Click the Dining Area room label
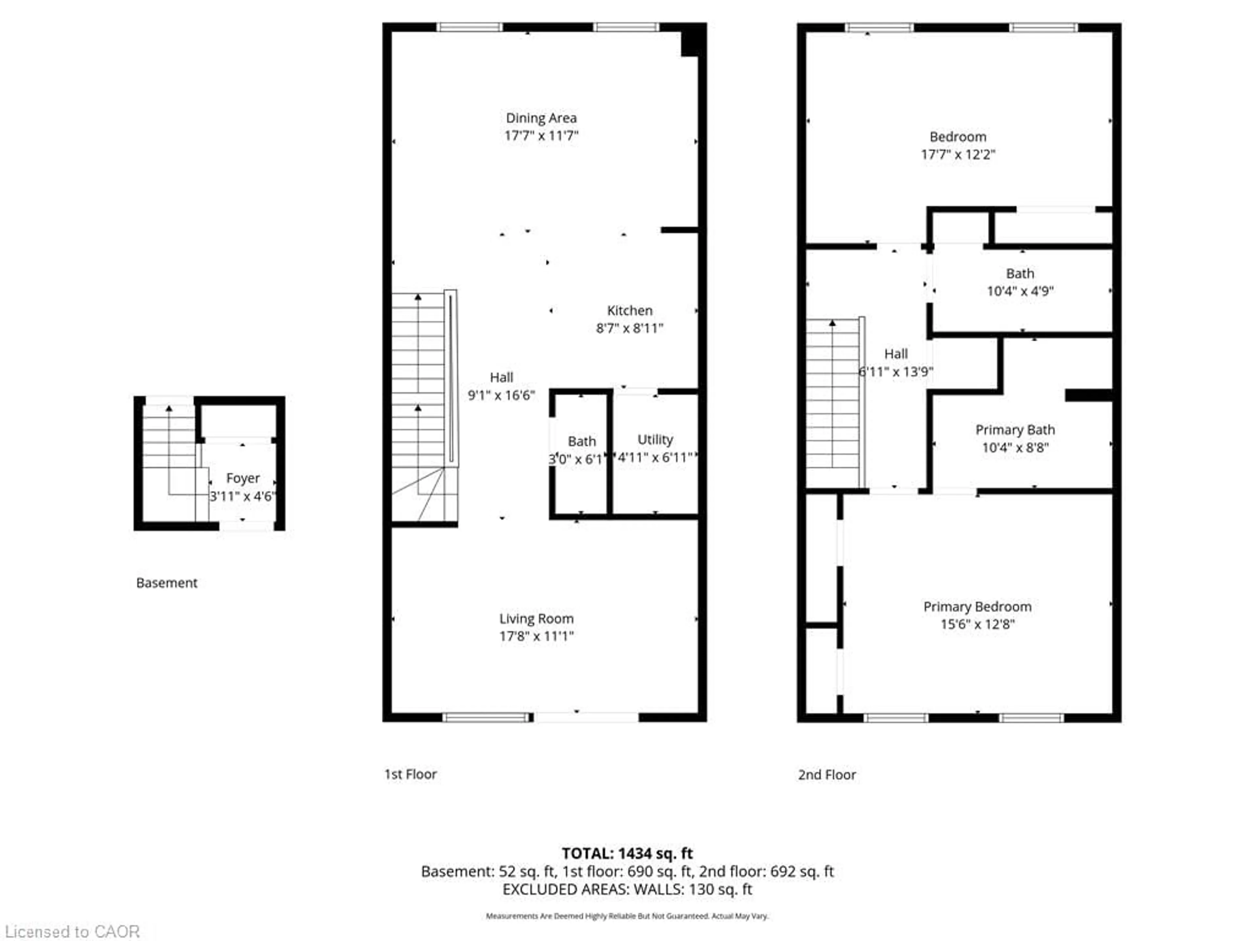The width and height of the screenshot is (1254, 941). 541,118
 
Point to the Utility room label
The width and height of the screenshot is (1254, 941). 655,439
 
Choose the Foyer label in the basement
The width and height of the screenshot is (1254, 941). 243,478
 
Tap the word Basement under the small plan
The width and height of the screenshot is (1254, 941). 167,583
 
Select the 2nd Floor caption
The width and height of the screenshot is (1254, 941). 827,774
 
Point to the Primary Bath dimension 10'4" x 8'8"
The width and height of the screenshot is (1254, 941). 1015,448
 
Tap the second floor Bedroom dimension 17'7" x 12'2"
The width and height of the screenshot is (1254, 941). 957,154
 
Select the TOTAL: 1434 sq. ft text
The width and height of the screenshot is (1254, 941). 627,853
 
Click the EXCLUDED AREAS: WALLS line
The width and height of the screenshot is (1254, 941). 627,889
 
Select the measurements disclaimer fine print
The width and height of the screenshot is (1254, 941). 627,916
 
